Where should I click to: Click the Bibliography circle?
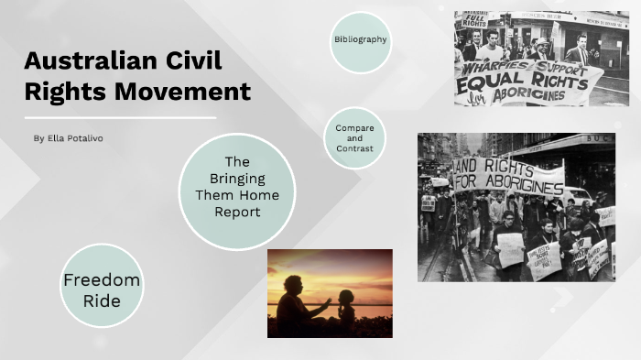point(361,41)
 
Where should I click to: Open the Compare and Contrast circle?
point(355,138)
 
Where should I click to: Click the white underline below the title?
point(120,117)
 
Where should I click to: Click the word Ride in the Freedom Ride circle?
point(102,300)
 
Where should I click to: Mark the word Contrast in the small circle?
point(355,148)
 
